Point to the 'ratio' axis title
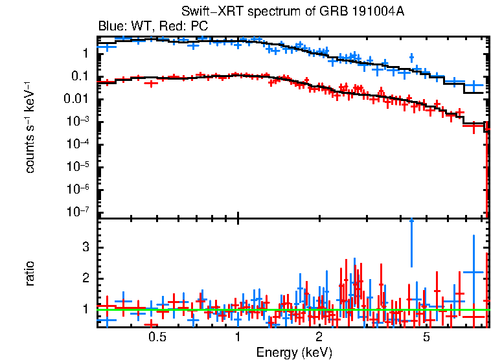coord(30,274)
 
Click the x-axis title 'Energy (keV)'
coord(294,352)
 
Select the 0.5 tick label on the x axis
coord(157,337)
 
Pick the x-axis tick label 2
coord(319,337)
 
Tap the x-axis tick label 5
coord(426,337)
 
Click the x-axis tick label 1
coord(238,337)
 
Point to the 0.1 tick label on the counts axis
coord(80,76)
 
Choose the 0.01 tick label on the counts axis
coord(77,99)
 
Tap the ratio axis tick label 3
coord(84,248)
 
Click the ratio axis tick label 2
coord(84,278)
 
